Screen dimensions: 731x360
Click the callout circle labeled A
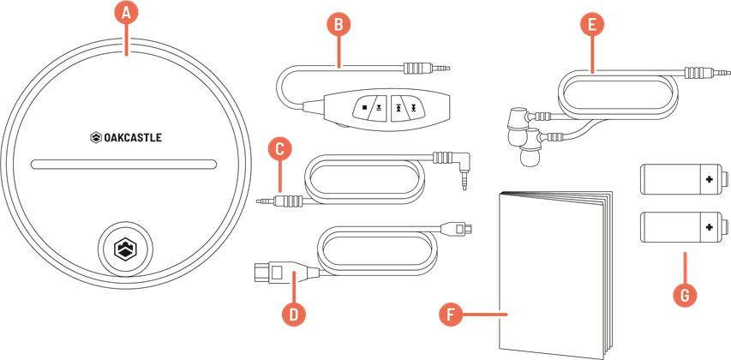point(126,14)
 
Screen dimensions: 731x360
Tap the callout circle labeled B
point(338,25)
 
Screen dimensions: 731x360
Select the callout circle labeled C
point(279,150)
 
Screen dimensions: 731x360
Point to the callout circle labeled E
point(591,25)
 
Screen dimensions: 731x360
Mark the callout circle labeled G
point(685,295)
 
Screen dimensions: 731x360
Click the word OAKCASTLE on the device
point(132,137)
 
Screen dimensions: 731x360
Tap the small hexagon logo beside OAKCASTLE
point(96,137)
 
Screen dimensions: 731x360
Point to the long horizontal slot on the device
point(123,165)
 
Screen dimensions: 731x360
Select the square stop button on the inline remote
point(364,108)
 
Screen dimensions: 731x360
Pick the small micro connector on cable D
point(458,229)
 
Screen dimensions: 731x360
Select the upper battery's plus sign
point(710,178)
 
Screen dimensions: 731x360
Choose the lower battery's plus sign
point(710,226)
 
